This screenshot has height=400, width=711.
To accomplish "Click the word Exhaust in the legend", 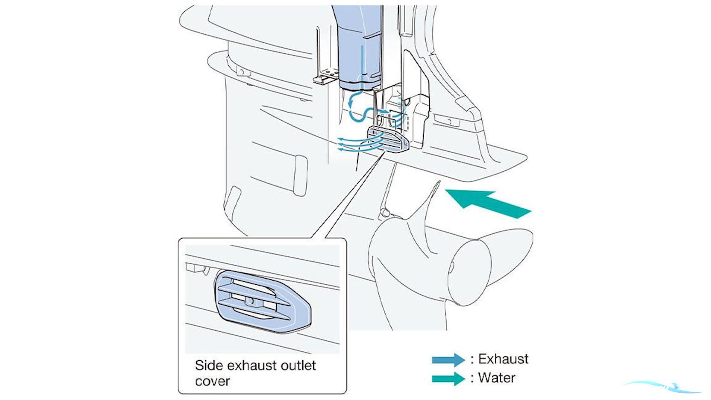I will [503, 359].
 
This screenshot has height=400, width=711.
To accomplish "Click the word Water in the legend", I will [496, 378].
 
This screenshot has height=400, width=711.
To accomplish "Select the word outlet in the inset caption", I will [297, 365].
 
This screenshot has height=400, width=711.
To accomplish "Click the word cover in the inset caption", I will [212, 381].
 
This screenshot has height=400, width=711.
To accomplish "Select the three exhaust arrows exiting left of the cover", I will [349, 144].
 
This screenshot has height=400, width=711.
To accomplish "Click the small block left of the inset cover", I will [195, 267].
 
